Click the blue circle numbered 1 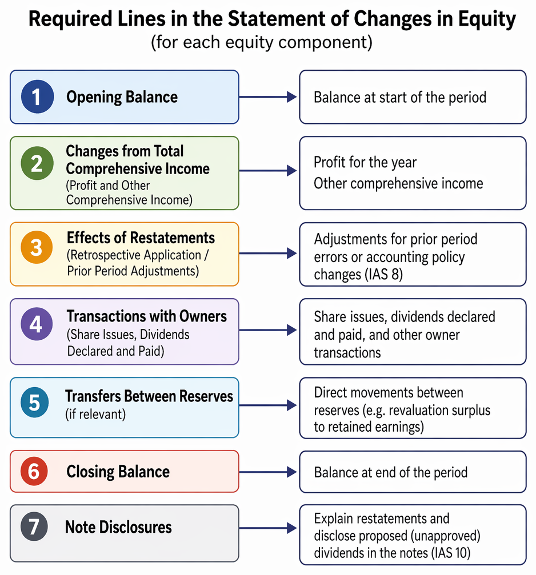click(37, 97)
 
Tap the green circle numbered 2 click(37, 163)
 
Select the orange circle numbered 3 click(37, 247)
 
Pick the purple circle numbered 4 click(37, 324)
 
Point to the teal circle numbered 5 click(35, 403)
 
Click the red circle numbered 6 click(34, 471)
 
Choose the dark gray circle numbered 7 click(34, 527)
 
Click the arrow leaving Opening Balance click(268, 97)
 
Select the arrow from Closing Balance click(268, 472)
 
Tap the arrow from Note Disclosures click(268, 528)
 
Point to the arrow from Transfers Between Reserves click(268, 405)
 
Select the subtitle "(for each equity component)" click(262, 42)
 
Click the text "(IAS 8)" click(384, 274)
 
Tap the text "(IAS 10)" click(450, 553)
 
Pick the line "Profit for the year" click(365, 163)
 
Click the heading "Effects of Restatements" click(141, 238)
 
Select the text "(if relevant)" click(95, 415)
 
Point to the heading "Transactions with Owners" click(147, 316)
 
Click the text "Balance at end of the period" click(391, 473)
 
